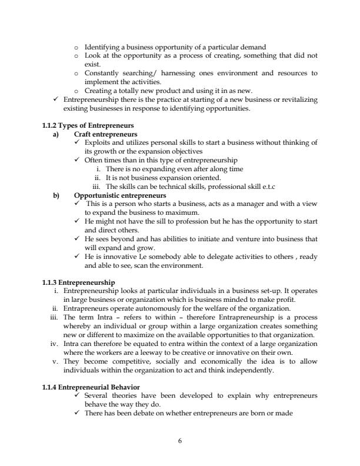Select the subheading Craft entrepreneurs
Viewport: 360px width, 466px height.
pos(105,134)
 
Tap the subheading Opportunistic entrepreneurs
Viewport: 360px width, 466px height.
pos(120,195)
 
